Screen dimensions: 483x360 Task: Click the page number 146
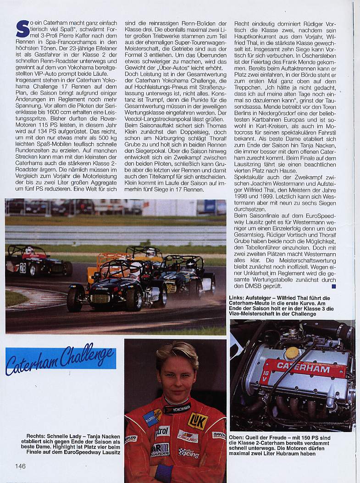tap(20, 466)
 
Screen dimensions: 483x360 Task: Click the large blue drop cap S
tap(22, 28)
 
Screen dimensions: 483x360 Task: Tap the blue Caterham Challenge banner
tap(61, 358)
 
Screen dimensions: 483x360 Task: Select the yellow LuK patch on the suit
tap(198, 420)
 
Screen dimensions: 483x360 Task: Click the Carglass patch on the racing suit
tap(188, 435)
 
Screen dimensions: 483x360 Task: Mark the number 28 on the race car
tap(22, 268)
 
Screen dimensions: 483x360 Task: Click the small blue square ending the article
tap(333, 287)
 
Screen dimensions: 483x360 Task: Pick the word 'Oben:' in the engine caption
tap(238, 439)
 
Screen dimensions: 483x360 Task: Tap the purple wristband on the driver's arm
tap(164, 473)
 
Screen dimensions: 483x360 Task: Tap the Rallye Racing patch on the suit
tap(188, 453)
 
